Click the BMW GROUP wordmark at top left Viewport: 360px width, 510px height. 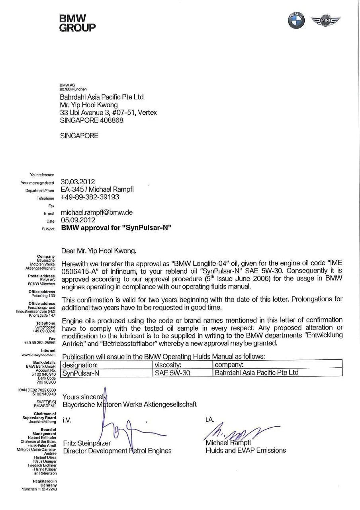[77, 23]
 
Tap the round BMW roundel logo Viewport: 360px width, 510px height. [296, 20]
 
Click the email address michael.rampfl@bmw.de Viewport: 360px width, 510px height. [96, 212]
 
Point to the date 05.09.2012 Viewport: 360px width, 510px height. [78, 220]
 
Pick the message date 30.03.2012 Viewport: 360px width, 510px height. [78, 182]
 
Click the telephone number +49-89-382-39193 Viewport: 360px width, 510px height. [90, 197]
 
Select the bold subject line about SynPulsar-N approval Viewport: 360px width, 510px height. [116, 228]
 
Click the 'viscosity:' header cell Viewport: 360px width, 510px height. [168, 365]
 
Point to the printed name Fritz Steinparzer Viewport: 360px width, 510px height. [87, 443]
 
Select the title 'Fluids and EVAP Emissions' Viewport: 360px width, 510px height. [245, 451]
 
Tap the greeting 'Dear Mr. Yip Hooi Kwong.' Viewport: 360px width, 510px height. [98, 251]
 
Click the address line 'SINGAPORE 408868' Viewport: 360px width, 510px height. [92, 120]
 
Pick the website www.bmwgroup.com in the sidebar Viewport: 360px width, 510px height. [39, 354]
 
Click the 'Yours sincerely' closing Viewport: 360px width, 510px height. [84, 397]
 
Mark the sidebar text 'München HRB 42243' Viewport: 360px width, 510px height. [39, 489]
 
